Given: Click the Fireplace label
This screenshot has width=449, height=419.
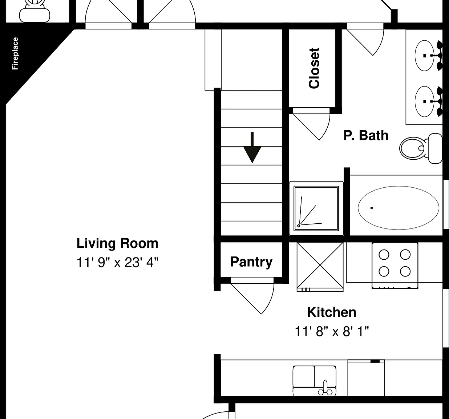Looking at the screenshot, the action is point(15,53).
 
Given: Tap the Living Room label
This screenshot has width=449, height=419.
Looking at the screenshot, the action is point(117,243).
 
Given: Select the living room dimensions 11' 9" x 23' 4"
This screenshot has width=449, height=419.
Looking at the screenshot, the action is point(117,262).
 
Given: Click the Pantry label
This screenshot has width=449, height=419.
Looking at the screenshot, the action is point(251,262).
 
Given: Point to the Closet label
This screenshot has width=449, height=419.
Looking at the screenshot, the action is point(314,68).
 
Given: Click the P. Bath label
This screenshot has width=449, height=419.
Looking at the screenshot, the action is point(366,135).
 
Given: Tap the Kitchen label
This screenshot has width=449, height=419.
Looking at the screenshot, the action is point(332,312).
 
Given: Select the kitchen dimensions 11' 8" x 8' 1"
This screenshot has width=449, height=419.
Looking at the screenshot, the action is point(332,331).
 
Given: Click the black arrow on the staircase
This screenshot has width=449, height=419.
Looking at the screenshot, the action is point(252,148).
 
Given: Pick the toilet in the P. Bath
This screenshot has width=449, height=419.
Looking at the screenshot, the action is point(421,148).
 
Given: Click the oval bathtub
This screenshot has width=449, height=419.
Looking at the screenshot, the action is point(399,208).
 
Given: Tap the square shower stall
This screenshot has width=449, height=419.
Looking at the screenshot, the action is point(316,208).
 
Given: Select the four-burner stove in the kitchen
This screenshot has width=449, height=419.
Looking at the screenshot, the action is point(395,265).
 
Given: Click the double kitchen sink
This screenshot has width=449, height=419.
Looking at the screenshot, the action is point(314,381).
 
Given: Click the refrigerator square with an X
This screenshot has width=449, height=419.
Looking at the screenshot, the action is point(320,267).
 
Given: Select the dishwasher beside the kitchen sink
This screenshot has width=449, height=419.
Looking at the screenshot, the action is point(366,378).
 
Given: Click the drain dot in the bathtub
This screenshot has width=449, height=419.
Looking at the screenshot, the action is point(372,208).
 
